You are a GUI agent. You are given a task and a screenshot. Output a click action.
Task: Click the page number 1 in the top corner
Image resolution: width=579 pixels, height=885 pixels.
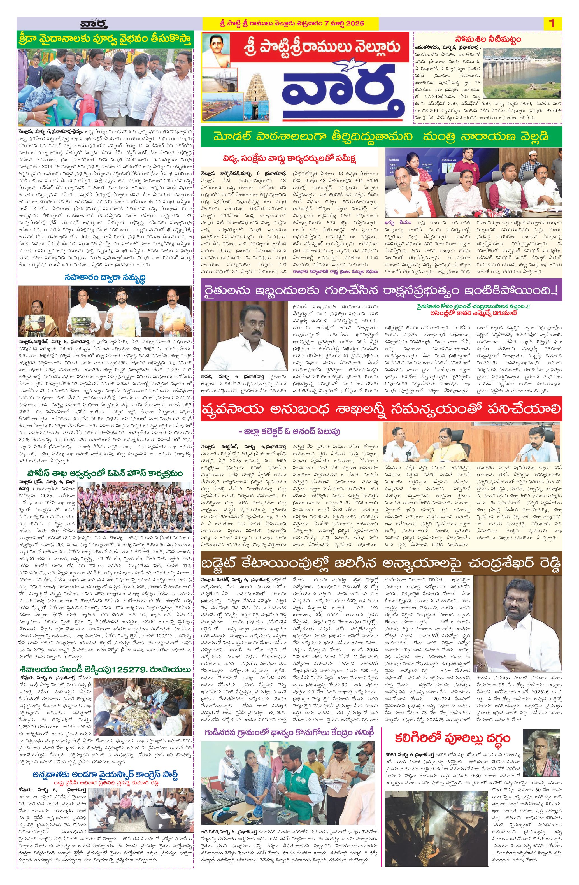coord(552,24)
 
